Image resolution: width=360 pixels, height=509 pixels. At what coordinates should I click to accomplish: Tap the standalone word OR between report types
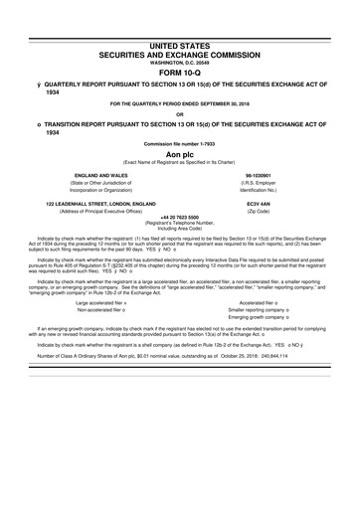pos(180,111)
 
